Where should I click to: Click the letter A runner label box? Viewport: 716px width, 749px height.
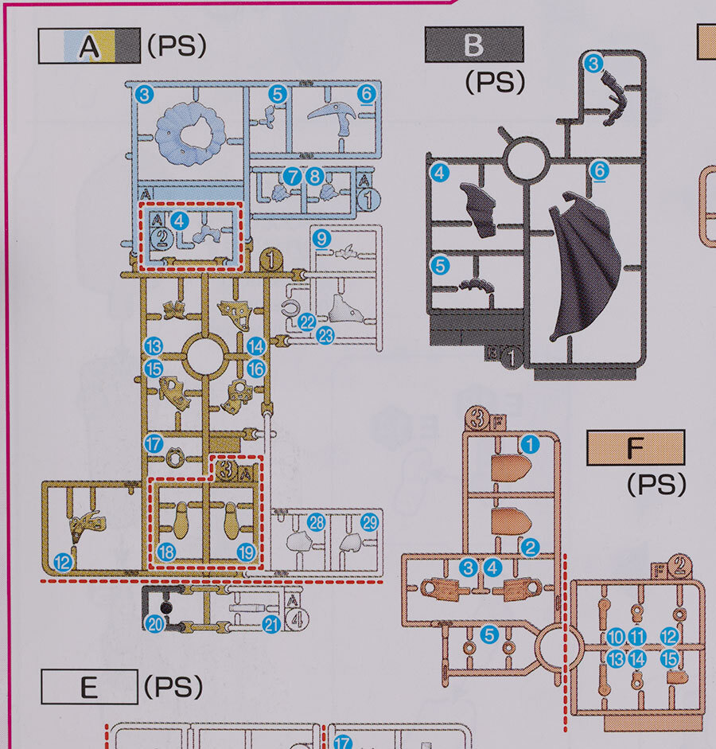(x=88, y=46)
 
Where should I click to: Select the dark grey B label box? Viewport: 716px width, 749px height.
(x=474, y=45)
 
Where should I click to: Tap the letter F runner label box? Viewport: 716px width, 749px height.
(x=635, y=449)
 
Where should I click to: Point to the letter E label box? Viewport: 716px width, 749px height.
(x=88, y=686)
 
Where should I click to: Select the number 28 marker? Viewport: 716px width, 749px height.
(x=317, y=523)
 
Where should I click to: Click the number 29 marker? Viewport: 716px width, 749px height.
(x=369, y=523)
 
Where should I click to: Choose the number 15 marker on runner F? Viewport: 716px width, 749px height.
(x=670, y=658)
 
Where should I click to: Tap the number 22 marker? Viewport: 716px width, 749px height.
(x=307, y=322)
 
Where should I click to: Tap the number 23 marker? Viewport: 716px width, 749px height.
(x=324, y=336)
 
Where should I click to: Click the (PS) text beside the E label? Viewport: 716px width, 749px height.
(x=174, y=686)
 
